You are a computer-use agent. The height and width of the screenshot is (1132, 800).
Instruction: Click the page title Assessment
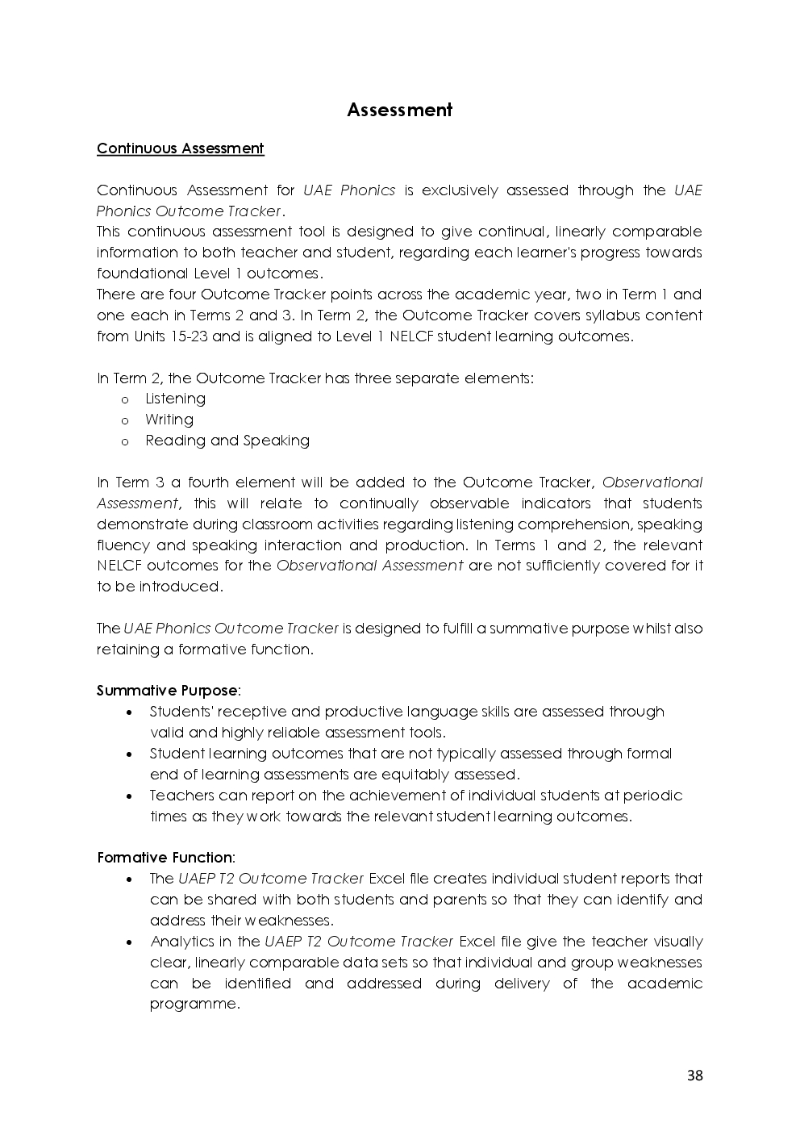pyautogui.click(x=399, y=110)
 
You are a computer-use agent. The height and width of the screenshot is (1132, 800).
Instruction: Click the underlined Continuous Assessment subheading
pyautogui.click(x=180, y=148)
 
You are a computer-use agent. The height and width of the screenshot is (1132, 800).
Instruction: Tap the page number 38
pyautogui.click(x=694, y=1075)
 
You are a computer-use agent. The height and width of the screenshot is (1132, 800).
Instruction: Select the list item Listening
pyautogui.click(x=175, y=399)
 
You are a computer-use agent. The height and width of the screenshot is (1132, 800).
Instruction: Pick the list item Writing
pyautogui.click(x=169, y=420)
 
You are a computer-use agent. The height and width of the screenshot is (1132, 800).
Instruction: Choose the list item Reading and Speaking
pyautogui.click(x=227, y=441)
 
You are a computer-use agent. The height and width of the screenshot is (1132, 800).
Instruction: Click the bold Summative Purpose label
pyautogui.click(x=167, y=691)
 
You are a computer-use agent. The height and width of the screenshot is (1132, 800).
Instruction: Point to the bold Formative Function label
pyautogui.click(x=165, y=858)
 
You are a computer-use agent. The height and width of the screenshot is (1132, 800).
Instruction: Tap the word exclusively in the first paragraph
pyautogui.click(x=460, y=190)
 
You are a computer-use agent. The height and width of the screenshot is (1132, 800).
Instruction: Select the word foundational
pyautogui.click(x=143, y=274)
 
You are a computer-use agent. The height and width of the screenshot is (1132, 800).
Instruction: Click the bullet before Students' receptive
pyautogui.click(x=130, y=712)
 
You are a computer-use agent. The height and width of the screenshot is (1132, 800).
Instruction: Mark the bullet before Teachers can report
pyautogui.click(x=130, y=796)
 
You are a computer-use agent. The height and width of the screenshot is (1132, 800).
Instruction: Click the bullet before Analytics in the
pyautogui.click(x=130, y=942)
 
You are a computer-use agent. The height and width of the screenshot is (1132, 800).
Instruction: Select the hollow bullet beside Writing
pyautogui.click(x=125, y=420)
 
